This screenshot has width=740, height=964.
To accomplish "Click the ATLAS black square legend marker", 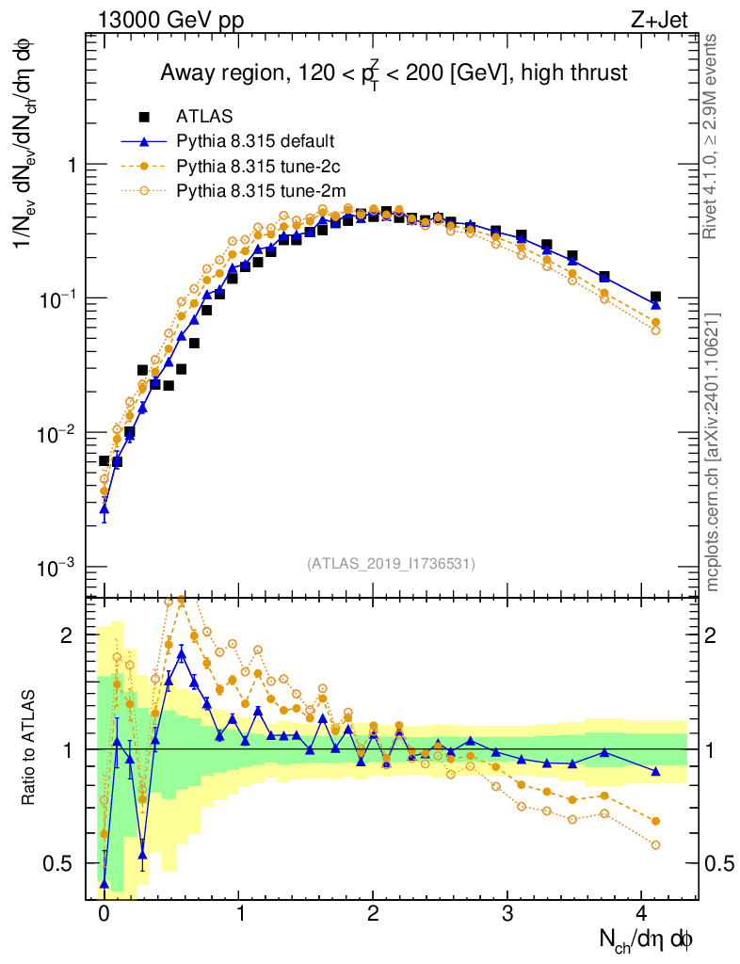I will click(144, 117).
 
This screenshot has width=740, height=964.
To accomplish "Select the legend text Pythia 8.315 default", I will click(254, 142).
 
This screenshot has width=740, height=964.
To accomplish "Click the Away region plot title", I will click(394, 73).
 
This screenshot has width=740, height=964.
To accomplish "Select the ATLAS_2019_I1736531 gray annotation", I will click(391, 564).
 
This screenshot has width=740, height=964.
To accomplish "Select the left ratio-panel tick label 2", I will click(67, 635).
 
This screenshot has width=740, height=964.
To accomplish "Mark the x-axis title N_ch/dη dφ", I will click(647, 940).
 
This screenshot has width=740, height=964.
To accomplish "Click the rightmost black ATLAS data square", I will click(655, 297).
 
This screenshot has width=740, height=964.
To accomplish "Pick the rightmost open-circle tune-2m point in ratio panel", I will click(655, 844).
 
